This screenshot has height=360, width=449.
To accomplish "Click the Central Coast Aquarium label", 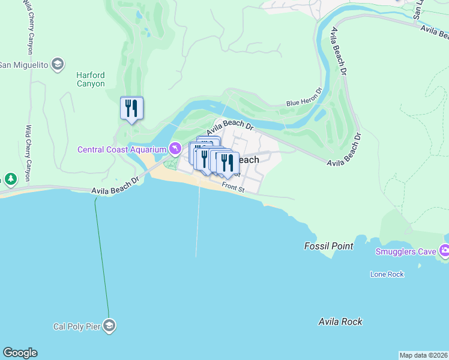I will [121, 149].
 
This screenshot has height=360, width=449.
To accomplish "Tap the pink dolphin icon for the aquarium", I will [174, 148].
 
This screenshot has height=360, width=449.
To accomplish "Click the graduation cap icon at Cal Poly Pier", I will [109, 326].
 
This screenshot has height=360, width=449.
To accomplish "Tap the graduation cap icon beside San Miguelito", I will [58, 64].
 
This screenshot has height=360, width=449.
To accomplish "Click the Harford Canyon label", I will [90, 79].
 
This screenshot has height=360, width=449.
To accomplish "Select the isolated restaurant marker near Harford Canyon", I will [131, 109].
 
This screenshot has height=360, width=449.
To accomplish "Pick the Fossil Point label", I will [328, 246].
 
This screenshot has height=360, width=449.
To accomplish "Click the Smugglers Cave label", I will [406, 251].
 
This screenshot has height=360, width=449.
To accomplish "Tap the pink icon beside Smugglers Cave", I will [445, 251].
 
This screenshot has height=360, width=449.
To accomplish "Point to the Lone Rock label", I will [387, 274].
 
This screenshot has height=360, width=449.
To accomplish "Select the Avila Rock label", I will [340, 322].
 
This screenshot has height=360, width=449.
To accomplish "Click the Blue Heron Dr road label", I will [304, 103].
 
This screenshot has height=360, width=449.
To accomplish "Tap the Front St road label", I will [234, 188].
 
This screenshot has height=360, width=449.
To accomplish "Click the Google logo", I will [20, 353].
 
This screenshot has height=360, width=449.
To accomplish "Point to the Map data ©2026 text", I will [423, 355].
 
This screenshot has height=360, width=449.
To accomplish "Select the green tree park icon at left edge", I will [10, 179].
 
